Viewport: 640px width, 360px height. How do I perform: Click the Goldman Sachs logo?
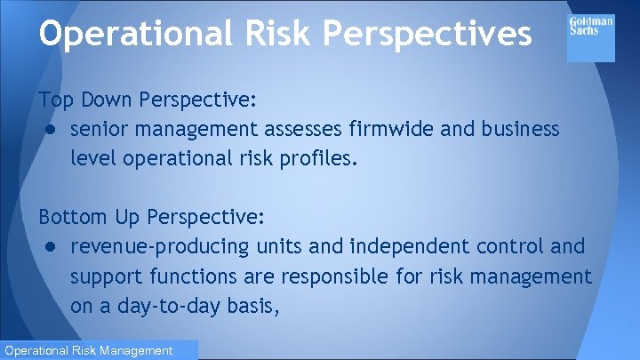pos(590,36)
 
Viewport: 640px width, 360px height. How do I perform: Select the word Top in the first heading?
pos(52,97)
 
